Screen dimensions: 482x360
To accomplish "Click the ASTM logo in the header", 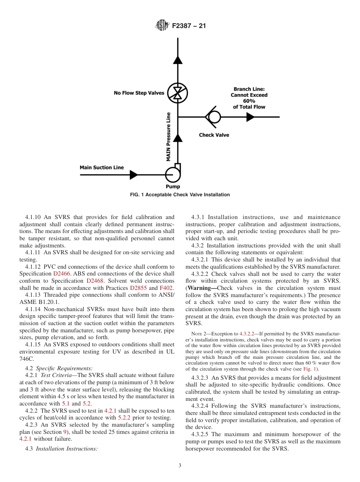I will pyautogui.click(x=162, y=26).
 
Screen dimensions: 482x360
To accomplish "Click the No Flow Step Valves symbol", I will pyautogui.click(x=177, y=92).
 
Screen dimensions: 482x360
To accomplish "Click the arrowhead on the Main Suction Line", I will pyautogui.click(x=133, y=175).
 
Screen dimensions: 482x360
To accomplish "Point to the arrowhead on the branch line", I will pyautogui.click(x=250, y=117).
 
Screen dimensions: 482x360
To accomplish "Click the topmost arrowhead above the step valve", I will pyautogui.click(x=177, y=59).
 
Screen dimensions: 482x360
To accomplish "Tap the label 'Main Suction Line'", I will pyautogui.click(x=102, y=167).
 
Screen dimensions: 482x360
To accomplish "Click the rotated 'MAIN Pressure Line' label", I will pyautogui.click(x=169, y=137).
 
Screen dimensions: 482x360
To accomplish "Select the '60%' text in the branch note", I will pyautogui.click(x=249, y=101).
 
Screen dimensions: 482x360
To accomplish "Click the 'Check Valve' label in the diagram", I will pyautogui.click(x=214, y=135).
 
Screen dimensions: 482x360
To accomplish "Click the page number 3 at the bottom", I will pyautogui.click(x=180, y=466).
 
